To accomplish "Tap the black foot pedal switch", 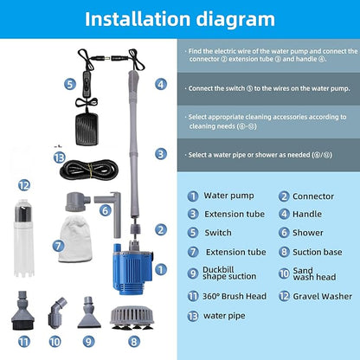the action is pyautogui.click(x=87, y=129).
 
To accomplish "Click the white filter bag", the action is pyautogui.click(x=75, y=239).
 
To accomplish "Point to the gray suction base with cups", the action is pyautogui.click(x=132, y=318).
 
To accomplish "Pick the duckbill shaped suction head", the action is pyautogui.click(x=89, y=312).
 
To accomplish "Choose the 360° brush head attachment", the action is pyautogui.click(x=23, y=311).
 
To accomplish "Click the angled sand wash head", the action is pyautogui.click(x=56, y=313).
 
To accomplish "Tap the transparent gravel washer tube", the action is pyautogui.click(x=23, y=238).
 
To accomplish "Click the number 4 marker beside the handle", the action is pyautogui.click(x=161, y=84).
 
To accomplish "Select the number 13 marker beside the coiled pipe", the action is pyautogui.click(x=60, y=157).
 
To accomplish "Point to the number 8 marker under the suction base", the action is pyautogui.click(x=133, y=342).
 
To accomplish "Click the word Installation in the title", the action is pyautogui.click(x=138, y=19).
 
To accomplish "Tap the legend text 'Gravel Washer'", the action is pyautogui.click(x=323, y=296).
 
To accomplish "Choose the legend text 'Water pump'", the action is pyautogui.click(x=228, y=196).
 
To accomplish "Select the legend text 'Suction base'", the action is pyautogui.click(x=318, y=252).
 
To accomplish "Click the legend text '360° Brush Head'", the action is pyautogui.click(x=235, y=296).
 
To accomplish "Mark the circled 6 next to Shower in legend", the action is pyautogui.click(x=284, y=233).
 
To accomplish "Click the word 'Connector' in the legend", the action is pyautogui.click(x=313, y=196).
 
